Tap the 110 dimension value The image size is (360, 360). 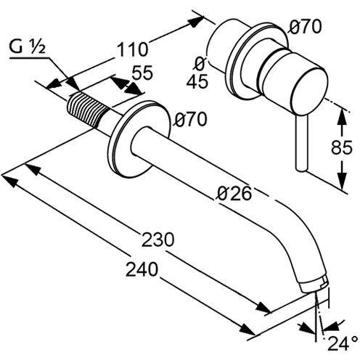coord(132,50)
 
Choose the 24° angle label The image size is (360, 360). coord(342,341)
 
